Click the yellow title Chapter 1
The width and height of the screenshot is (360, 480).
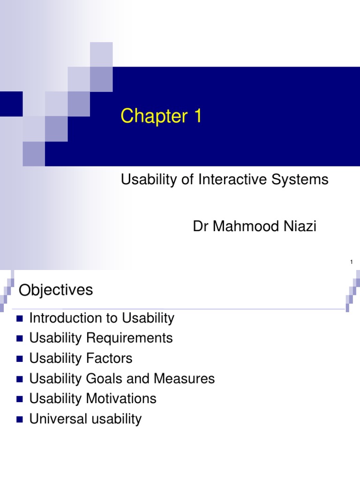(161, 116)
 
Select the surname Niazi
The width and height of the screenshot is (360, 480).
(299, 227)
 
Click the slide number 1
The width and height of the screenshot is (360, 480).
(351, 262)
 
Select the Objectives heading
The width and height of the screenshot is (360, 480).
(56, 290)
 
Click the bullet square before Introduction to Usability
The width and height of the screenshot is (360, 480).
(19, 319)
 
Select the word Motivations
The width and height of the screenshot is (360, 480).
(122, 398)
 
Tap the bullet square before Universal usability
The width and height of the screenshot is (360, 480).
(19, 420)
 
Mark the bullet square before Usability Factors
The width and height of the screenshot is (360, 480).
(19, 359)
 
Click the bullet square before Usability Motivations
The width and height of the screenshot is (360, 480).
(19, 399)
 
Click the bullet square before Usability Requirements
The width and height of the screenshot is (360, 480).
(19, 339)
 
